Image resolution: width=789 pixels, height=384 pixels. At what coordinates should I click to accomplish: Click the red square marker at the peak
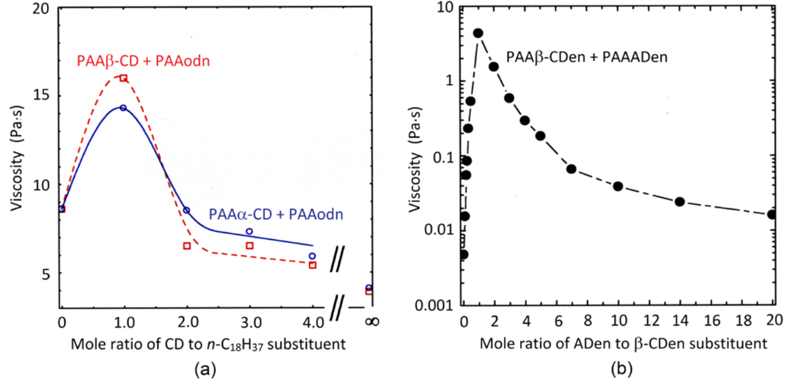(x=123, y=78)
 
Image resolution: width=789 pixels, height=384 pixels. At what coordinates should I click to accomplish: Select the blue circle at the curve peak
(x=123, y=108)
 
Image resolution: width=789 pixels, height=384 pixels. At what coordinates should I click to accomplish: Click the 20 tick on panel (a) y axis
(x=39, y=10)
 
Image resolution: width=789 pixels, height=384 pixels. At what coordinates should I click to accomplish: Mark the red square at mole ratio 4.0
(x=312, y=264)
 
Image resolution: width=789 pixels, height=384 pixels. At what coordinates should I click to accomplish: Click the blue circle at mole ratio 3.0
(x=249, y=231)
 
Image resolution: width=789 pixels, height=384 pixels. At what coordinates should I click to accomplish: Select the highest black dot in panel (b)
(x=478, y=33)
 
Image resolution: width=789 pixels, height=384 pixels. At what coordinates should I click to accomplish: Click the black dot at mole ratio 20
(x=772, y=214)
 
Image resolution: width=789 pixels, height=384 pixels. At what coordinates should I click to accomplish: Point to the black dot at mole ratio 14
(x=680, y=201)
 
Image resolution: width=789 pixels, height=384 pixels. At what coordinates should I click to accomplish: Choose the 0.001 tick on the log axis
(x=436, y=305)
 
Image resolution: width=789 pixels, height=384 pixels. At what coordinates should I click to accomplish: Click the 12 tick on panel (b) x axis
(x=649, y=319)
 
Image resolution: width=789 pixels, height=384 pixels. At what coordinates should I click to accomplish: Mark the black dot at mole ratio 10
(x=617, y=186)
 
